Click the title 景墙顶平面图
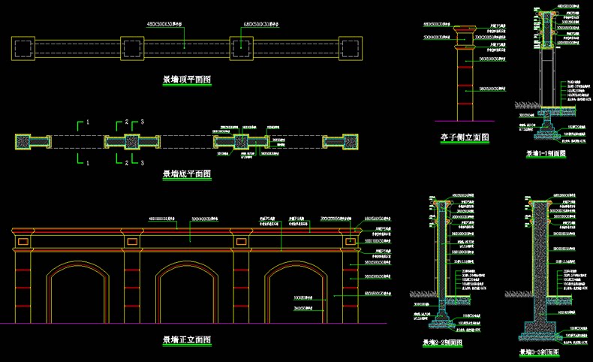pos(186,79)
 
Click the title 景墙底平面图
pos(186,174)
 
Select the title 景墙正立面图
pos(186,340)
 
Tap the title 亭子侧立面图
pos(465,137)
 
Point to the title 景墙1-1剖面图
pos(546,153)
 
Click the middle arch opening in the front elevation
pos(186,297)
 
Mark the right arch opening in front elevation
pos(296,297)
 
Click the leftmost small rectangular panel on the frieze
pos(23,242)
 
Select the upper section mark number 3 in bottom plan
pos(142,122)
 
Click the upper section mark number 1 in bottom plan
pos(88,122)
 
